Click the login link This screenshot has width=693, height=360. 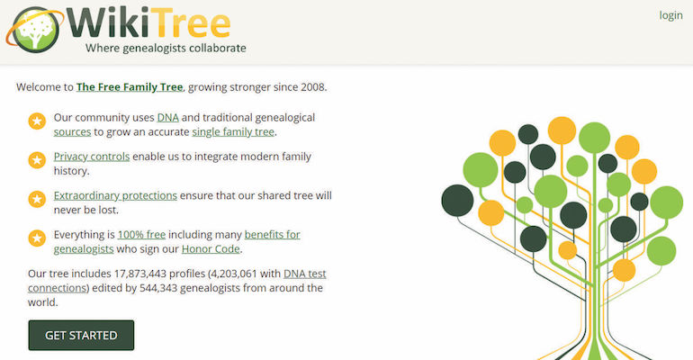coord(670,15)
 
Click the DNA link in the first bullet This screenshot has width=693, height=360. coord(168,118)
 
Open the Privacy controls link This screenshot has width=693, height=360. coord(92,157)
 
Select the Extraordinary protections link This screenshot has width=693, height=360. coord(115,195)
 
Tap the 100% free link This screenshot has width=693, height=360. coord(141,234)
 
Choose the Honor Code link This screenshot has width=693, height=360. coord(211,248)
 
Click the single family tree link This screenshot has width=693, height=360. coord(233,132)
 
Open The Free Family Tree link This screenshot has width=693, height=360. coord(130,87)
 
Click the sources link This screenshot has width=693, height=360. coord(73,132)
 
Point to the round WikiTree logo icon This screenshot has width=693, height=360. coord(34,30)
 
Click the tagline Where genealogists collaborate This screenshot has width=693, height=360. coord(166,48)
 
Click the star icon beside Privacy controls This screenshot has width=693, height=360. coord(37,160)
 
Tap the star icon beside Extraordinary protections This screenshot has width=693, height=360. coord(37,199)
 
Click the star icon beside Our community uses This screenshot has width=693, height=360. coord(37,121)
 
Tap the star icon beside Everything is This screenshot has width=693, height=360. coord(37,238)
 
